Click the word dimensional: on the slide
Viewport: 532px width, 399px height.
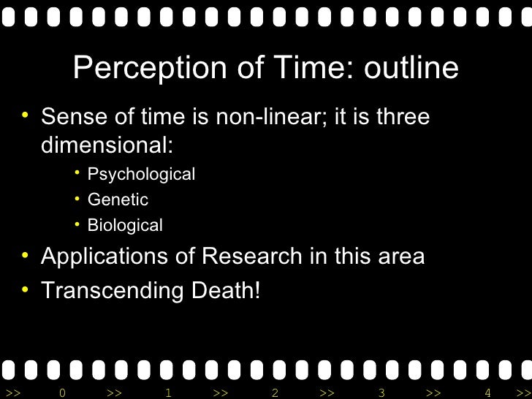107,145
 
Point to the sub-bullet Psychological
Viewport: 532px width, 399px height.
141,175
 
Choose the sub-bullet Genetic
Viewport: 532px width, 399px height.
118,199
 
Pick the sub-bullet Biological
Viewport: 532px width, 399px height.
125,225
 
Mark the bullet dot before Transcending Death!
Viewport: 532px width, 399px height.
26,289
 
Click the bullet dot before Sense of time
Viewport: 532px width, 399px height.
26,115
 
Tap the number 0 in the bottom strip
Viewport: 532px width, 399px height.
63,393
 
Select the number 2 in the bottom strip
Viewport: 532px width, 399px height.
275,393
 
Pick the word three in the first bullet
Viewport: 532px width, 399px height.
401,116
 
